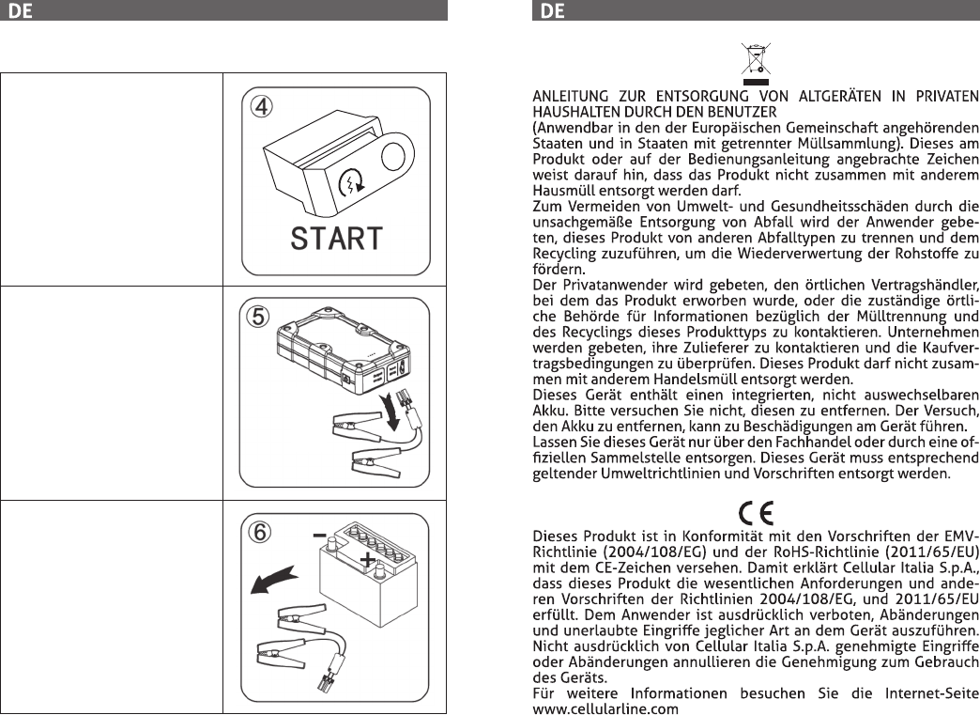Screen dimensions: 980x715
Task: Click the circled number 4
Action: [x=262, y=106]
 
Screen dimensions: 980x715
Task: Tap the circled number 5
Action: [x=258, y=317]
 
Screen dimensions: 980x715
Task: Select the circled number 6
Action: [x=260, y=532]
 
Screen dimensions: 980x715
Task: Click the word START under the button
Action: [x=337, y=239]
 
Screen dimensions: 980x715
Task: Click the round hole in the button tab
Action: [x=393, y=156]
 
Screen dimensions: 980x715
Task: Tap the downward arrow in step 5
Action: [x=392, y=411]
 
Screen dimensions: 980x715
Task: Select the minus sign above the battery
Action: [x=319, y=536]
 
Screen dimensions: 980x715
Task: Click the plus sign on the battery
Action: [x=368, y=559]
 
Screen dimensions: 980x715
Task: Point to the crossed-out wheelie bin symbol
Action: [x=756, y=63]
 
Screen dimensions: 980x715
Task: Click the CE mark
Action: [x=757, y=514]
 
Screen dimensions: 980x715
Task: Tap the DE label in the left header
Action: [x=20, y=10]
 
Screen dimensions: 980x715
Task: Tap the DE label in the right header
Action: [x=552, y=10]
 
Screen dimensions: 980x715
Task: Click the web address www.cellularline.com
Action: [x=605, y=708]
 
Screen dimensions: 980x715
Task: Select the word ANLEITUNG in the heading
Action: [x=570, y=97]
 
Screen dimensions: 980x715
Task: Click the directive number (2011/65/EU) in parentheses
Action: [x=932, y=552]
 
